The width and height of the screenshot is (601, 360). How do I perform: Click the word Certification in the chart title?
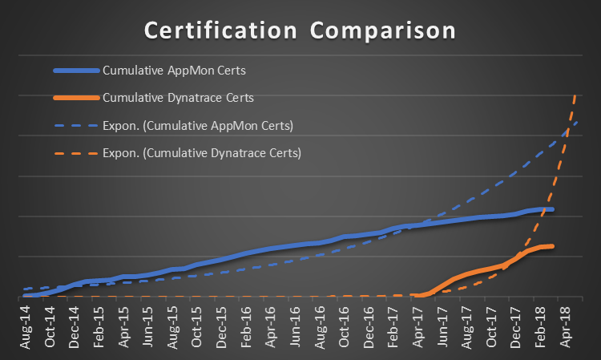(x=215, y=31)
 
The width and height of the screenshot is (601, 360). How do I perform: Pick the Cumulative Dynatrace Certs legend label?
(x=179, y=98)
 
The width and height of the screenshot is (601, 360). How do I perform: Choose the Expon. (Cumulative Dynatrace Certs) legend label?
(x=202, y=152)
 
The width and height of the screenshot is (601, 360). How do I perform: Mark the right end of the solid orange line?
(x=552, y=246)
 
